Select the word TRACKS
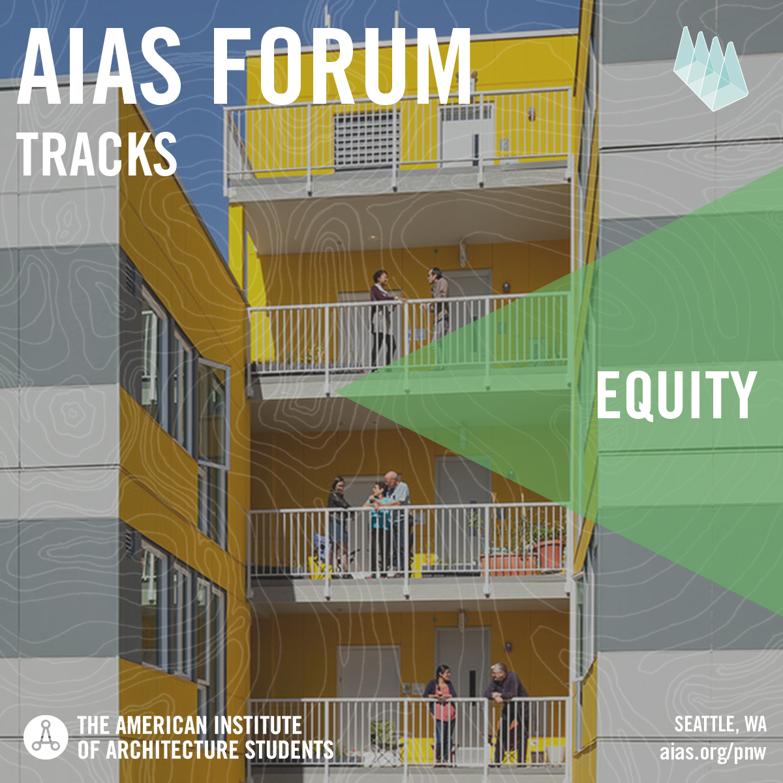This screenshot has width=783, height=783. [97, 155]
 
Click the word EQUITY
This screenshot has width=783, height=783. [676, 396]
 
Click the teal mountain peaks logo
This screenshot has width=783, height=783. [711, 69]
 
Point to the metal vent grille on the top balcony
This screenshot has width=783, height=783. [367, 139]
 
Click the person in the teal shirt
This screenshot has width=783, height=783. [378, 529]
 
